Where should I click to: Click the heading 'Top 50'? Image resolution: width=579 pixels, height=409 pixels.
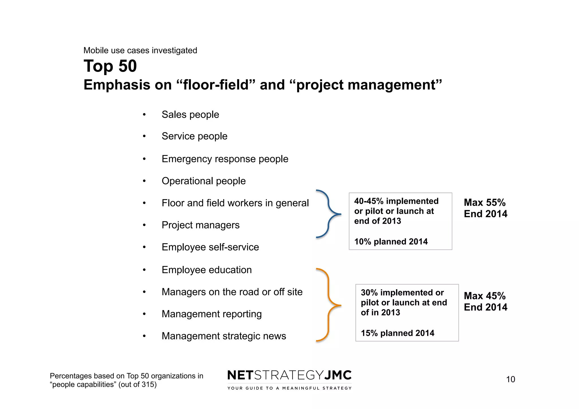(x=110, y=66)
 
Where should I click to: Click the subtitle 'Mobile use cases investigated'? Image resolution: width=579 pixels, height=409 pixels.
(x=140, y=51)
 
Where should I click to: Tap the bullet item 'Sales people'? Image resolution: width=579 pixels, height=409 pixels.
(x=190, y=115)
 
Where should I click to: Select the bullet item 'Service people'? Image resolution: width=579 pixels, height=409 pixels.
(x=195, y=136)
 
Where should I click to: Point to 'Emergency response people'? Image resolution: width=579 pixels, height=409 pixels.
(x=225, y=159)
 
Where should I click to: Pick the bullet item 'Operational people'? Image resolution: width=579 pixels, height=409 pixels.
(x=204, y=181)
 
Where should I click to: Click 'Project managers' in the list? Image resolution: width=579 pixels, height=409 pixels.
(x=200, y=225)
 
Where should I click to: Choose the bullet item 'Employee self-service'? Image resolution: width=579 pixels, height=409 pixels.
(x=210, y=247)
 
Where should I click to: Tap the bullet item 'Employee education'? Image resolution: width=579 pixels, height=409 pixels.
(x=207, y=270)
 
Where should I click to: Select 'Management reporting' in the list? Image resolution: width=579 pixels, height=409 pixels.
(x=211, y=314)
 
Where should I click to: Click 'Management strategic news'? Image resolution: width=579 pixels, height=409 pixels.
(x=224, y=336)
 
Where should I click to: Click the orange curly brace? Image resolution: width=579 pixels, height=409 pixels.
(x=329, y=305)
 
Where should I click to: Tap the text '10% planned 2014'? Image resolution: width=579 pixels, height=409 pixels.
(x=391, y=242)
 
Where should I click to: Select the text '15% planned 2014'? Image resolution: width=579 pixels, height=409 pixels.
(x=397, y=333)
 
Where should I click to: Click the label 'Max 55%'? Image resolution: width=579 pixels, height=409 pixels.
(x=485, y=203)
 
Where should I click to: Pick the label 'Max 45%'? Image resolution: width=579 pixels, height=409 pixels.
(x=485, y=296)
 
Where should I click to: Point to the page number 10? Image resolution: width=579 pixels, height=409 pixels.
(x=510, y=379)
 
